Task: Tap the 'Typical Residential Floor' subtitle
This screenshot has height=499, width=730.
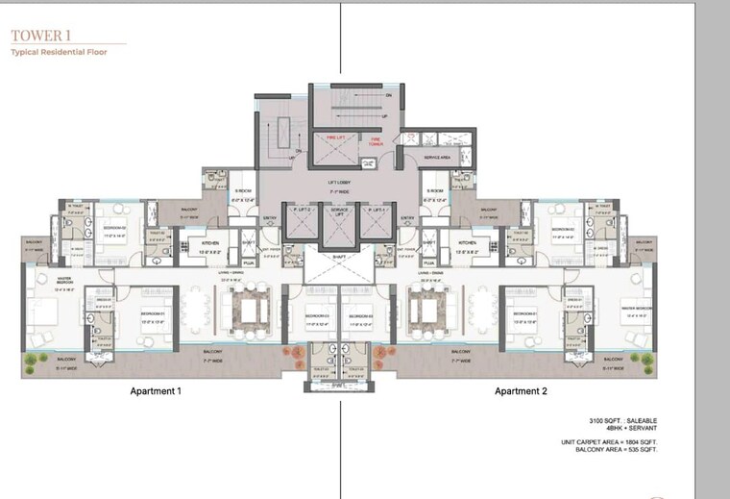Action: [x=59, y=53]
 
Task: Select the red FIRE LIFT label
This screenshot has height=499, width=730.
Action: [x=335, y=138]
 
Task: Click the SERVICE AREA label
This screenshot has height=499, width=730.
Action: [x=439, y=157]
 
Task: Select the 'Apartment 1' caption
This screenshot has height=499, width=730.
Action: [x=156, y=392]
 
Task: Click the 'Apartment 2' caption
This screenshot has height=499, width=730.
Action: [x=520, y=392]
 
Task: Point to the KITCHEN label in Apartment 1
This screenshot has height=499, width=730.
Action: [x=210, y=243]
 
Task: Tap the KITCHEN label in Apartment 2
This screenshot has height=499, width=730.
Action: [x=468, y=243]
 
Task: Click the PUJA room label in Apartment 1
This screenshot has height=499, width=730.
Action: [x=248, y=262]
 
